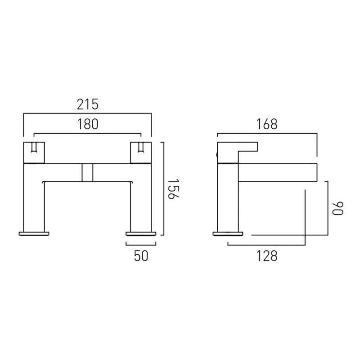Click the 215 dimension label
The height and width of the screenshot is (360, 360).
pyautogui.click(x=87, y=104)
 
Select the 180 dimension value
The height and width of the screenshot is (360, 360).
pyautogui.click(x=88, y=124)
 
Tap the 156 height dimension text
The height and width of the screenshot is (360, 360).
pyautogui.click(x=173, y=189)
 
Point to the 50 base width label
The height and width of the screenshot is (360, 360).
pyautogui.click(x=141, y=256)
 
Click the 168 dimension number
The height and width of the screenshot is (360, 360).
pyautogui.click(x=267, y=124)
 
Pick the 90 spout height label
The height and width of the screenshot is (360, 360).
pyautogui.click(x=338, y=208)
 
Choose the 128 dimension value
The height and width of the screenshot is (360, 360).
pyautogui.click(x=267, y=256)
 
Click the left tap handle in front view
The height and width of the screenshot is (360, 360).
pyautogui.click(x=34, y=153)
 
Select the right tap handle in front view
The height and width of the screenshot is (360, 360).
pyautogui.click(x=141, y=153)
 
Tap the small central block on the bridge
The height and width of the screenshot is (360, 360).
pyautogui.click(x=87, y=172)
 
